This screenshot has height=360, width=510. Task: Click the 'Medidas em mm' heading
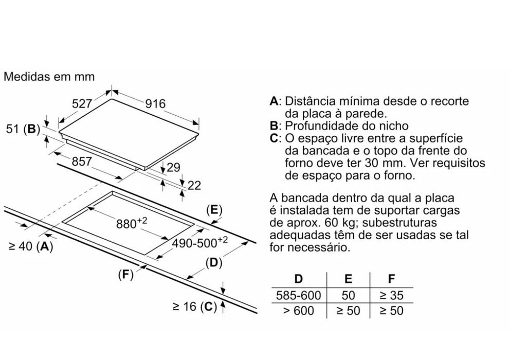click(49, 77)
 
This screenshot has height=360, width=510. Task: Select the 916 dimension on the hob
click(155, 104)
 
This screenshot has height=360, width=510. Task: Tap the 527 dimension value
click(82, 104)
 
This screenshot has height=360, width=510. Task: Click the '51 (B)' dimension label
click(23, 129)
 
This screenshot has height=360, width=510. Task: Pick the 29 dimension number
click(173, 168)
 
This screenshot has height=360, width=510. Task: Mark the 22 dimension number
click(194, 186)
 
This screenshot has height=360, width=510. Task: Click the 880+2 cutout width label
click(132, 223)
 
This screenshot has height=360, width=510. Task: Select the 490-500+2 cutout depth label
click(199, 242)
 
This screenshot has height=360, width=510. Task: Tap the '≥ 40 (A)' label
click(30, 246)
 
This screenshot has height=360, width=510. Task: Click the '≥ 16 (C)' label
click(195, 307)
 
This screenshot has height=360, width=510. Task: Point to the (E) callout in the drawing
click(214, 210)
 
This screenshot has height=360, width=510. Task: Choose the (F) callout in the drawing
click(126, 275)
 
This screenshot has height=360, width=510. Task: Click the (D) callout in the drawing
click(214, 262)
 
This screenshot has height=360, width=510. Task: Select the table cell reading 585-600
click(298, 295)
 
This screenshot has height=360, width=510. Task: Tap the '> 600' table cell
click(299, 311)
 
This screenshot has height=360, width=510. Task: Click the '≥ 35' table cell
click(392, 295)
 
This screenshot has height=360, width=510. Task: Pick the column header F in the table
click(392, 279)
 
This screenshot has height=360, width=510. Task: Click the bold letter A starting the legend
click(274, 101)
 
